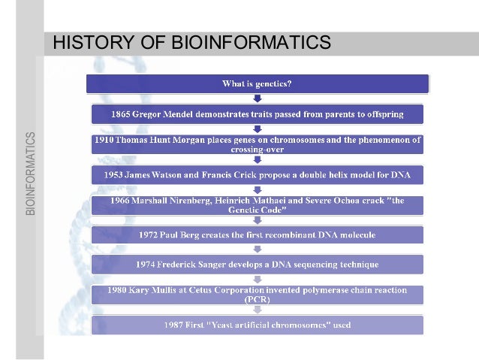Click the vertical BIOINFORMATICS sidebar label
(30, 174)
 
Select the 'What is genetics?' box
(257, 83)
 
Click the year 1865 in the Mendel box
(125, 114)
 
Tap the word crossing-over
(257, 150)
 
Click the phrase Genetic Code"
(257, 210)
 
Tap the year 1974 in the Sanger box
(148, 265)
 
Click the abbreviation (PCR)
(257, 299)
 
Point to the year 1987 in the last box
(176, 325)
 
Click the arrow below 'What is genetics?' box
(258, 98)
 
